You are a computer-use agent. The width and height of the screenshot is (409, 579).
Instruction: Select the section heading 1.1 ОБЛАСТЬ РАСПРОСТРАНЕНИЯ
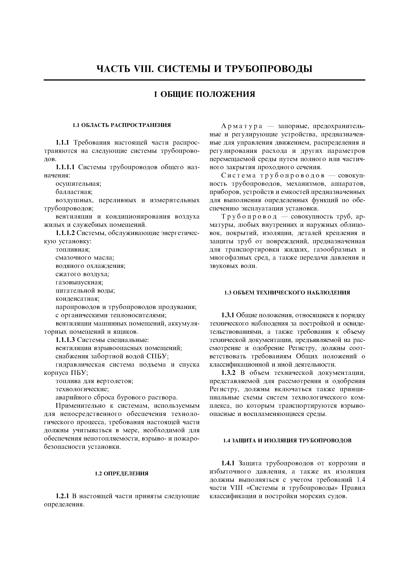(122, 125)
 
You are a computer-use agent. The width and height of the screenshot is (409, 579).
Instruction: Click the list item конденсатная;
(77, 299)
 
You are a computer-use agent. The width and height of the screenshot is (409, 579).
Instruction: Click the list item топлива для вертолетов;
(94, 381)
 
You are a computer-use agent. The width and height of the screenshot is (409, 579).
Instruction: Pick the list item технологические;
(82, 389)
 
